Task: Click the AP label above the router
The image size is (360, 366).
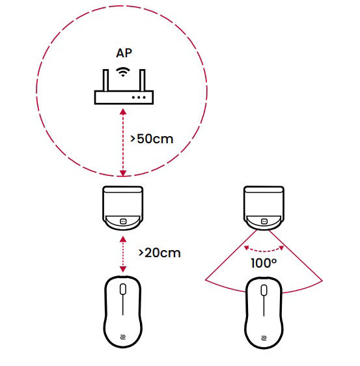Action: (x=124, y=53)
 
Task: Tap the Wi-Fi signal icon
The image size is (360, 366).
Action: (x=123, y=72)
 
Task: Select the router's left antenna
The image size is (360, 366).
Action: (x=105, y=80)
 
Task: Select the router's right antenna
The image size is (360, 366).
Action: (x=143, y=80)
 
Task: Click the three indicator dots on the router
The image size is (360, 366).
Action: (x=139, y=97)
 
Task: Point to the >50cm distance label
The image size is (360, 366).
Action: (x=152, y=139)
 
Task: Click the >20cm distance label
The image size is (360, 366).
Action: (x=159, y=253)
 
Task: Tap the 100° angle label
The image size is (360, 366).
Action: (x=264, y=263)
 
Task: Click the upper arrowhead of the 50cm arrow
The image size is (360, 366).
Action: (x=123, y=112)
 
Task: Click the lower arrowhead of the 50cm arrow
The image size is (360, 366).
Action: (x=123, y=173)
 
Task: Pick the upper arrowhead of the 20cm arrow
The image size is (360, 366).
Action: (x=123, y=239)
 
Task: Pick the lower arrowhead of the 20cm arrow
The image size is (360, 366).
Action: (x=123, y=269)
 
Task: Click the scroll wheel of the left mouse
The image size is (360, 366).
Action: (x=123, y=289)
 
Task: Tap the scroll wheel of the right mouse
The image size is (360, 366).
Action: (x=264, y=290)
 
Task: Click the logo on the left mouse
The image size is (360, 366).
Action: (x=123, y=337)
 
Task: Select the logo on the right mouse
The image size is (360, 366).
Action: (x=264, y=338)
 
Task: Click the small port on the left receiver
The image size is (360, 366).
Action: (x=123, y=221)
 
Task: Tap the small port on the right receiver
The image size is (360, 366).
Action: (x=264, y=221)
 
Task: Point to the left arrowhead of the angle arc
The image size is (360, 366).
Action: (x=246, y=248)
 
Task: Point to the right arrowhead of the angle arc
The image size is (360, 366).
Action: (x=281, y=248)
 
